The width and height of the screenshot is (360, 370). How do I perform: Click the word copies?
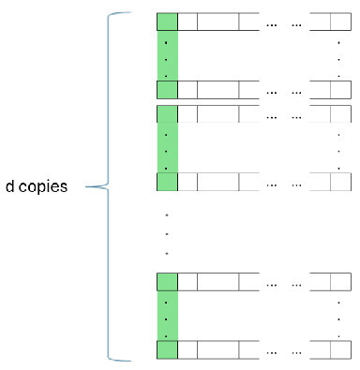pyautogui.click(x=43, y=187)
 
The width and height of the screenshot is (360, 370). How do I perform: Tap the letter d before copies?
pyautogui.click(x=9, y=186)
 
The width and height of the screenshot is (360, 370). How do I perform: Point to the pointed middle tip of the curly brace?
pyautogui.click(x=86, y=186)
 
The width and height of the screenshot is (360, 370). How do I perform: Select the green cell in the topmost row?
pyautogui.click(x=167, y=22)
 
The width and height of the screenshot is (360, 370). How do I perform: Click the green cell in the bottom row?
pyautogui.click(x=167, y=349)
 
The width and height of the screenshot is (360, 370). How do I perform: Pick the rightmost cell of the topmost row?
pyautogui.click(x=340, y=22)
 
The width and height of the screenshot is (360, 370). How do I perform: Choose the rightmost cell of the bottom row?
pyautogui.click(x=340, y=349)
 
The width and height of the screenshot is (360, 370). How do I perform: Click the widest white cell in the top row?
pyautogui.click(x=218, y=22)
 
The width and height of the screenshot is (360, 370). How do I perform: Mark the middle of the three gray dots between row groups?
pyautogui.click(x=167, y=234)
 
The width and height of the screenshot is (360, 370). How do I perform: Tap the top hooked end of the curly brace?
pyautogui.click(x=129, y=13)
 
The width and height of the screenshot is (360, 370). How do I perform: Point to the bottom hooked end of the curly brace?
pyautogui.click(x=129, y=361)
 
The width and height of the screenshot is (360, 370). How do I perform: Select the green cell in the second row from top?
pyautogui.click(x=167, y=90)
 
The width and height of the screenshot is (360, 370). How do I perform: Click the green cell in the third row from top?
pyautogui.click(x=167, y=114)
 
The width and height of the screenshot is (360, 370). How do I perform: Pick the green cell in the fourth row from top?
pyautogui.click(x=167, y=182)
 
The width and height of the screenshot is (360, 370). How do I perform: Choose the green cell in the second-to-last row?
pyautogui.click(x=167, y=282)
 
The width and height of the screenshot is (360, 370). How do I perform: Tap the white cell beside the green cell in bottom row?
pyautogui.click(x=187, y=349)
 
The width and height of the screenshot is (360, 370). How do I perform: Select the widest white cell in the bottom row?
pyautogui.click(x=218, y=349)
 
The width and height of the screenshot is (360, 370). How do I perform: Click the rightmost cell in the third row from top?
pyautogui.click(x=340, y=114)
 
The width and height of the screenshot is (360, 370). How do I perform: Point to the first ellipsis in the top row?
pyautogui.click(x=272, y=25)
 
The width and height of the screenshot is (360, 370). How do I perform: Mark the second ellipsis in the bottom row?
pyautogui.click(x=296, y=353)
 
